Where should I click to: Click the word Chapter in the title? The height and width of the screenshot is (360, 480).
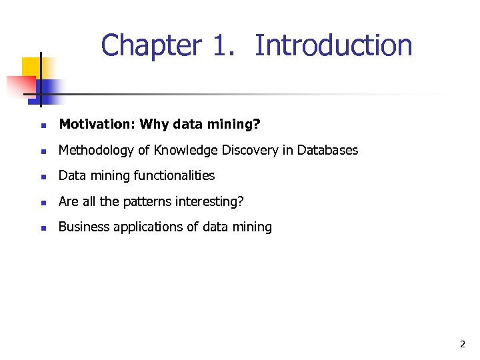coord(151,46)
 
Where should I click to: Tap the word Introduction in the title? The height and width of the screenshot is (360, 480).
coord(333,46)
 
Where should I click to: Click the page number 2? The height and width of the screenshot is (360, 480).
coord(462,345)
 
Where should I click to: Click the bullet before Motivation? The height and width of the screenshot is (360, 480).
coord(43,125)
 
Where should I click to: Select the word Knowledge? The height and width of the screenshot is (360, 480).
coord(182,150)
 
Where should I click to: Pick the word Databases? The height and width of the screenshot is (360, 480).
coord(327,150)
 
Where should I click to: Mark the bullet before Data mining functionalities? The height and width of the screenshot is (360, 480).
coord(43,177)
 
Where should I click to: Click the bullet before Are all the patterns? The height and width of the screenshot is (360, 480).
coord(43,202)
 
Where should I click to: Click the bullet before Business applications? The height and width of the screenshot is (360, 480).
coord(43,227)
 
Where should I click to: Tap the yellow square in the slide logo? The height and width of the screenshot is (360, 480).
coord(31,67)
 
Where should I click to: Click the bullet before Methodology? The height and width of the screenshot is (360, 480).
coord(43,151)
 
